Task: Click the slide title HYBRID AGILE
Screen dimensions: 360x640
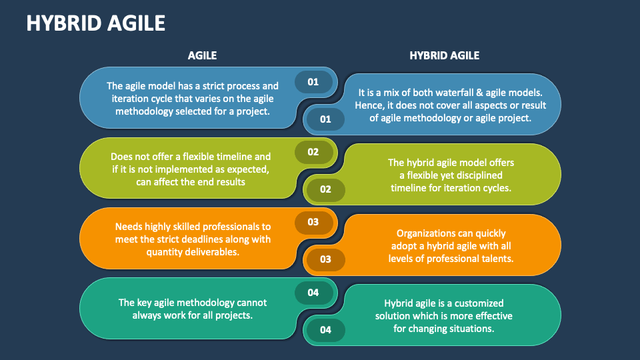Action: click(95, 23)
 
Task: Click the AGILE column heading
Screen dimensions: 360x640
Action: click(202, 56)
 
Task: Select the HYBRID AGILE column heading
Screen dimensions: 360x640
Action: click(444, 56)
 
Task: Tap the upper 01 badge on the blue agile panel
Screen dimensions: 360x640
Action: click(313, 82)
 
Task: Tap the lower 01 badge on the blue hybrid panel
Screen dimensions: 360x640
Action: click(325, 119)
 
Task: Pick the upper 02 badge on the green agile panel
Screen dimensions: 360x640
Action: click(313, 151)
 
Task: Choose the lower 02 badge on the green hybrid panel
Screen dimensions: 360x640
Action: click(325, 189)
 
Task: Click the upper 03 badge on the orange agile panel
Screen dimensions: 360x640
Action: click(313, 222)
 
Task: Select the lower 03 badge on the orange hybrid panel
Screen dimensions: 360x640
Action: click(325, 259)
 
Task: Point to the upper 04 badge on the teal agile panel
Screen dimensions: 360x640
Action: click(313, 292)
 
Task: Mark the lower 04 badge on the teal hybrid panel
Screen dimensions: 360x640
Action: click(325, 329)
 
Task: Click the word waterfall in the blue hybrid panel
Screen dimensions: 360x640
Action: click(460, 93)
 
